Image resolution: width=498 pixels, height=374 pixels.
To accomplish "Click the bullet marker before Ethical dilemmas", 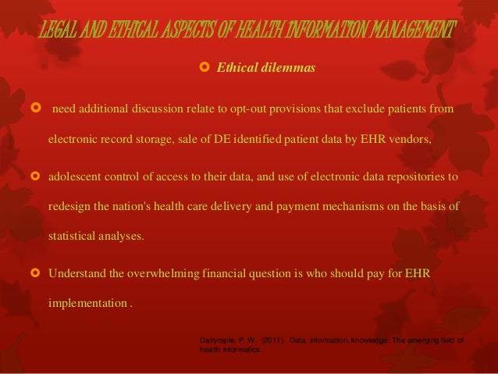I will pyautogui.click(x=205, y=69).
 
